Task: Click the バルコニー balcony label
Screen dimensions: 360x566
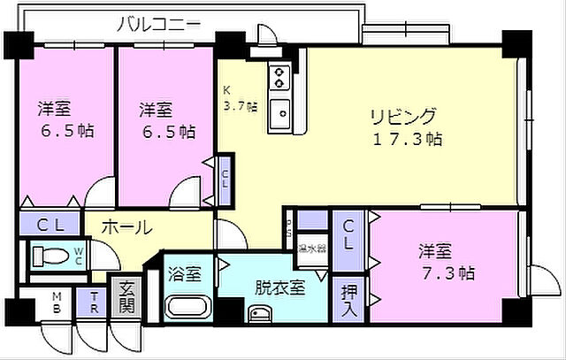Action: click(x=158, y=24)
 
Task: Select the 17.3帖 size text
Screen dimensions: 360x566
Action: click(x=406, y=139)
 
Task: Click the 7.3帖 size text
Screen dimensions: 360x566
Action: click(x=447, y=272)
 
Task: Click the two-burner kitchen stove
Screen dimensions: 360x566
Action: click(x=280, y=78)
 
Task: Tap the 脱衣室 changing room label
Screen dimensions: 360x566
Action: click(x=280, y=287)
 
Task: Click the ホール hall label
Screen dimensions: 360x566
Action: click(x=126, y=227)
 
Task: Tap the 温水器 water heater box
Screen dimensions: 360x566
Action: click(x=312, y=248)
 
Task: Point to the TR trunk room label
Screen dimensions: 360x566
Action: click(x=91, y=303)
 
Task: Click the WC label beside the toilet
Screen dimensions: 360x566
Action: click(x=79, y=257)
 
